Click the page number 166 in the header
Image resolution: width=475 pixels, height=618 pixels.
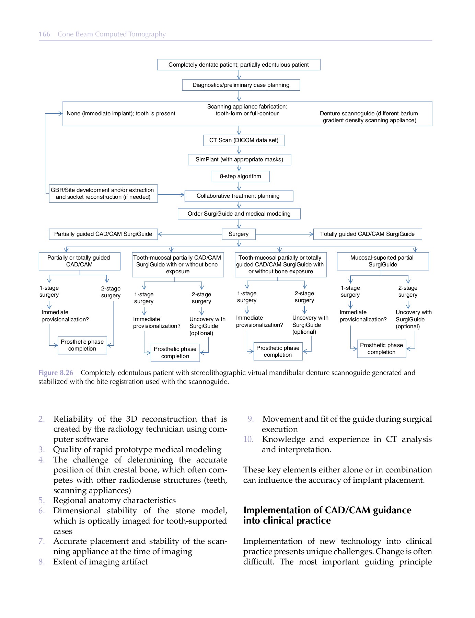click(44, 34)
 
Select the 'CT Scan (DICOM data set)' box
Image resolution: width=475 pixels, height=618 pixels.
click(244, 140)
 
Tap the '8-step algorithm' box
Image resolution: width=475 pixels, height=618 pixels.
click(240, 176)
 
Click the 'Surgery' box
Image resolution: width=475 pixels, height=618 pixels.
click(239, 234)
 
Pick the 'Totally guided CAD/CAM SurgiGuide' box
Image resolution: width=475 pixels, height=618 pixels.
click(367, 234)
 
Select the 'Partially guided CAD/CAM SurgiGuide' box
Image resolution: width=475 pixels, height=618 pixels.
click(103, 234)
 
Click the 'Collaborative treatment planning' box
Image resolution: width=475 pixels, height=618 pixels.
click(239, 196)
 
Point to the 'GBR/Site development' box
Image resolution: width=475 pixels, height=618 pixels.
click(103, 194)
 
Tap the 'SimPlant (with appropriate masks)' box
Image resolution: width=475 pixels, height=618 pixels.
click(239, 160)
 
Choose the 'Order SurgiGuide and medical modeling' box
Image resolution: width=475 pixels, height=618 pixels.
click(239, 214)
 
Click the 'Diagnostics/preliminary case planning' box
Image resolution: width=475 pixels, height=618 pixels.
click(241, 85)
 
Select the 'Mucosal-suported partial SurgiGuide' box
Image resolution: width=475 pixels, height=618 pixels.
click(382, 261)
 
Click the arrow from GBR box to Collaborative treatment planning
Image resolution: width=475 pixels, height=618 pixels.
click(171, 195)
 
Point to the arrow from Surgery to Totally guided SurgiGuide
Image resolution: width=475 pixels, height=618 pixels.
click(284, 234)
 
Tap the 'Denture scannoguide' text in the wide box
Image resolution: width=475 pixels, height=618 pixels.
click(369, 117)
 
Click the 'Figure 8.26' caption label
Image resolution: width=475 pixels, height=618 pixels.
click(56, 373)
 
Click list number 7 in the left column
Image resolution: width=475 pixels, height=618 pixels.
click(42, 541)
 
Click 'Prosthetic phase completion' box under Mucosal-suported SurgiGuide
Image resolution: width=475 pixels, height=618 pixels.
click(381, 349)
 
